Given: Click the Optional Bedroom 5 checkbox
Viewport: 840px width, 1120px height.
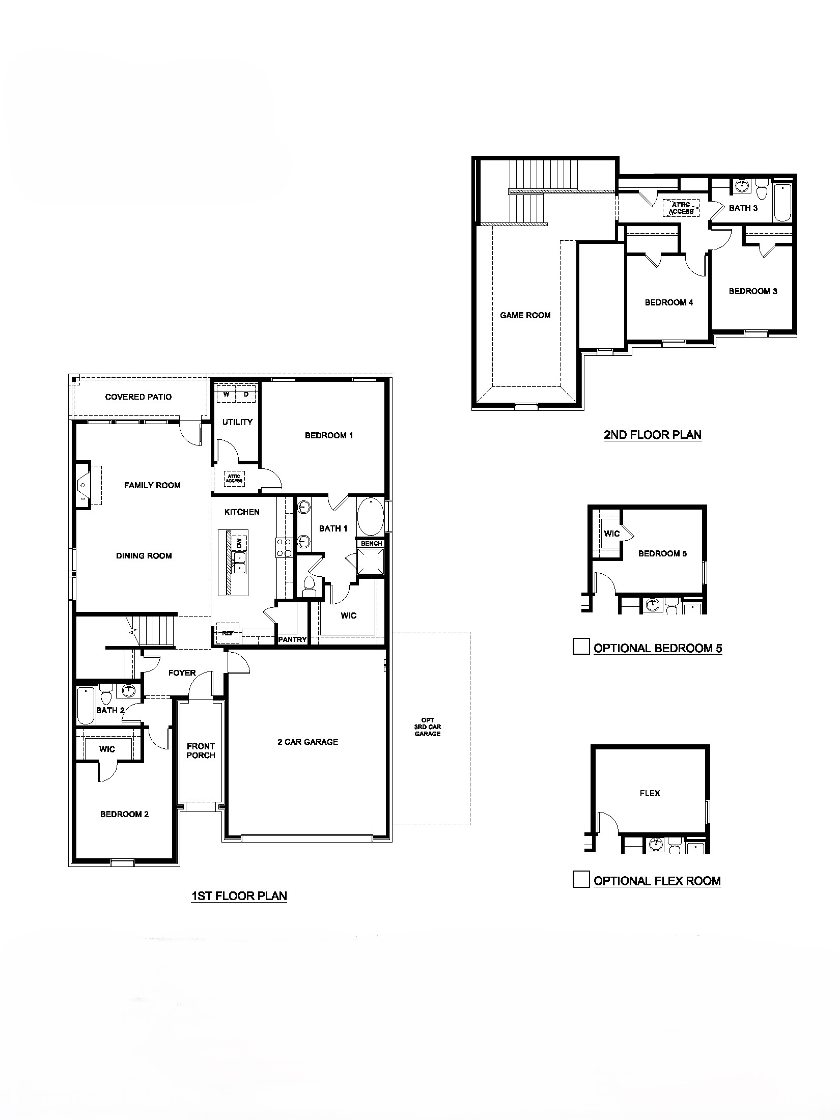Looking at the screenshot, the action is [x=581, y=647].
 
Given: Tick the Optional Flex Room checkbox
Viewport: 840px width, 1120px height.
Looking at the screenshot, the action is [x=581, y=879].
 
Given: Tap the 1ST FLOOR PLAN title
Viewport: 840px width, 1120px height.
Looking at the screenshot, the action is [x=239, y=896].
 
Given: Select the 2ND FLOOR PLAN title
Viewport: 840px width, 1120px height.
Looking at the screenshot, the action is [x=652, y=435].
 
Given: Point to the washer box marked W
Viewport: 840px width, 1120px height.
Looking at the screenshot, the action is [x=226, y=395].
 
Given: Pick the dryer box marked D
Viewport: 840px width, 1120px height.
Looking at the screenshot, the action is [x=246, y=395].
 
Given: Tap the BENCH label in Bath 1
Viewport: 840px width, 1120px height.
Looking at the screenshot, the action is [x=371, y=544].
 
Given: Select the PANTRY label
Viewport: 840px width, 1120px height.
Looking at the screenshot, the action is [x=292, y=639].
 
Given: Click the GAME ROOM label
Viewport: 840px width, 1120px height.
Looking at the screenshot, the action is [x=525, y=316].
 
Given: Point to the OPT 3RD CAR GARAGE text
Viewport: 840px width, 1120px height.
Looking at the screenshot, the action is [x=428, y=727].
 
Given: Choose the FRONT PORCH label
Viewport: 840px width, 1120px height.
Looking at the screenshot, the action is [x=201, y=751].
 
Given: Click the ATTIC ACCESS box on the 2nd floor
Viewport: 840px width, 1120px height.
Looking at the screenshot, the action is [x=681, y=208].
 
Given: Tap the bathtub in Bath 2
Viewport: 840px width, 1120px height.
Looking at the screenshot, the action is [x=86, y=705].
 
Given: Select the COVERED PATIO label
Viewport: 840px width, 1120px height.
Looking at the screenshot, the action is [x=138, y=397].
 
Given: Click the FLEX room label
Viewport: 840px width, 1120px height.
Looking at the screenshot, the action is [x=650, y=793].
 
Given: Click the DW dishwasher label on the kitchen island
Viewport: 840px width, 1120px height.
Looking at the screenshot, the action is [x=239, y=543].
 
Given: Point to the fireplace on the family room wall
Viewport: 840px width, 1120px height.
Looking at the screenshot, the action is [x=83, y=485].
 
